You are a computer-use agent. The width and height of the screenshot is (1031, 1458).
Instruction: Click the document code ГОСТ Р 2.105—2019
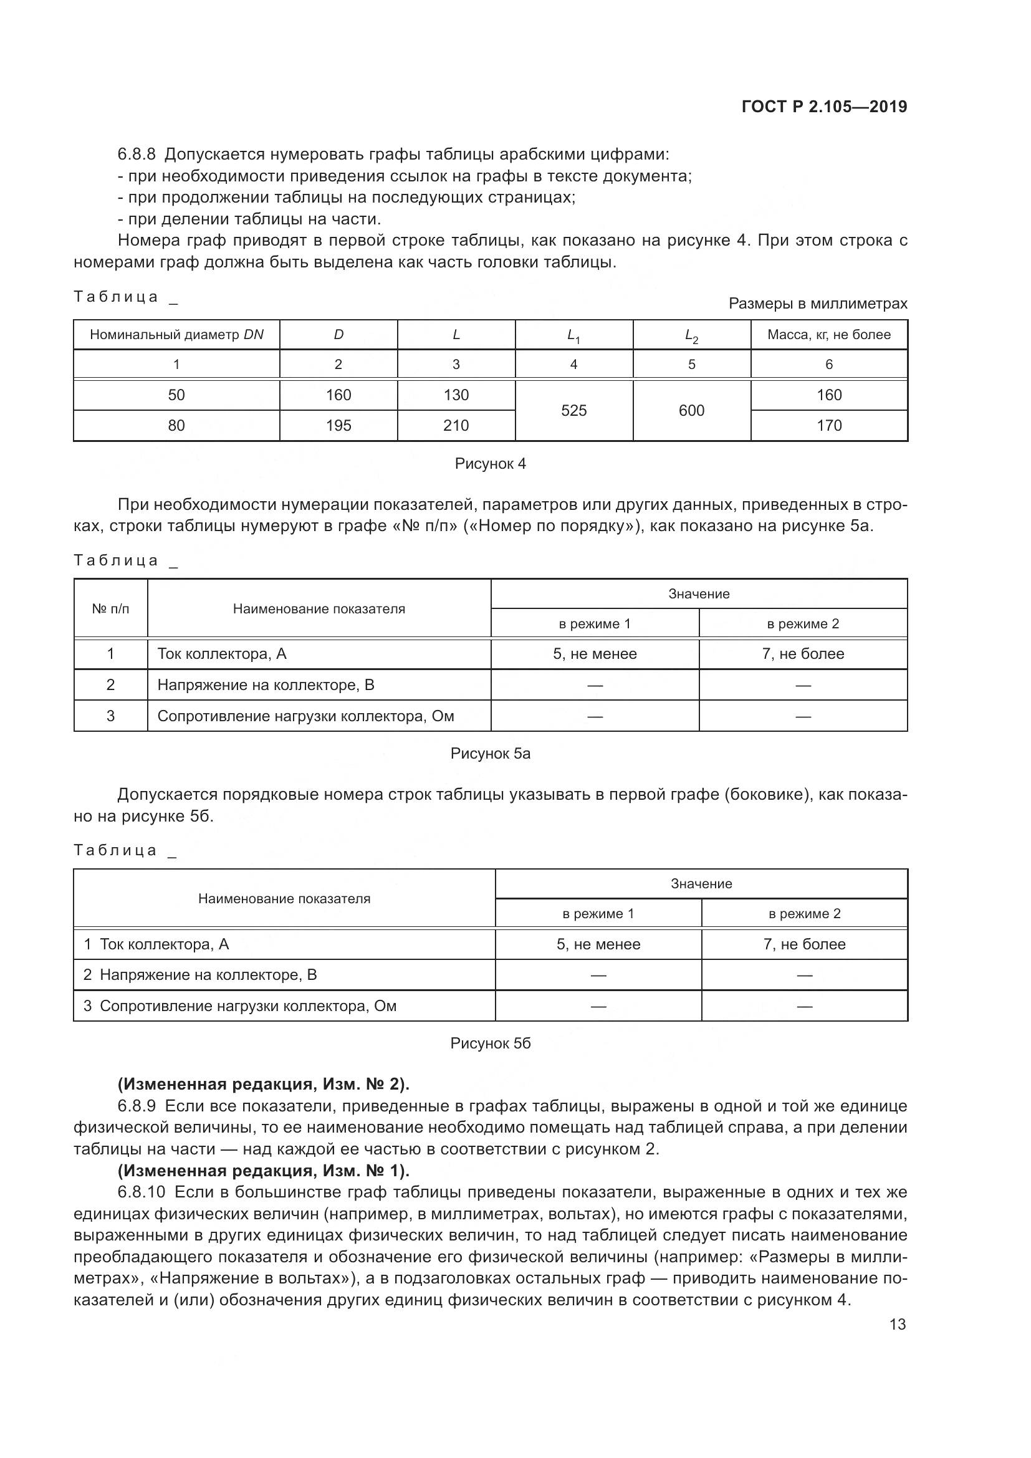[x=824, y=107]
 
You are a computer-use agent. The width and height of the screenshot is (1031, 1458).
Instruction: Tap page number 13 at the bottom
[x=897, y=1324]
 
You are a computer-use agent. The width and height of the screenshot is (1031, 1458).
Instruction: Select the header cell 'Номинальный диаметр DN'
[x=176, y=335]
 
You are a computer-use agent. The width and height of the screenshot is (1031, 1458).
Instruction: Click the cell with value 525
[x=573, y=411]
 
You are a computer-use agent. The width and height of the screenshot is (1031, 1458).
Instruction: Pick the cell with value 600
[x=691, y=411]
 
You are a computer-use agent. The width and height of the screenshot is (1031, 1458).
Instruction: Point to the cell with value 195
[x=338, y=426]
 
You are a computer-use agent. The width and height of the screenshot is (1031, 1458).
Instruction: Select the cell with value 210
[x=456, y=426]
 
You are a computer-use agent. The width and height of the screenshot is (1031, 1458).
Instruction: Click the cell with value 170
[x=828, y=426]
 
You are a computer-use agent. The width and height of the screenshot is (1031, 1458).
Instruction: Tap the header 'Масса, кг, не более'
[x=828, y=335]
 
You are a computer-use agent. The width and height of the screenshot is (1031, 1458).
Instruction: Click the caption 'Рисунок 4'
[x=490, y=464]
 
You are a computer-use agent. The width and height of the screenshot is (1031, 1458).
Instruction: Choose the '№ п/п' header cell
[x=110, y=609]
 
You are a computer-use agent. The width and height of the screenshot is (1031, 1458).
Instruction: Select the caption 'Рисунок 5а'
[x=490, y=754]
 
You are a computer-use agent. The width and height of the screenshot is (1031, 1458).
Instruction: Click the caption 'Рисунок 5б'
[x=490, y=1043]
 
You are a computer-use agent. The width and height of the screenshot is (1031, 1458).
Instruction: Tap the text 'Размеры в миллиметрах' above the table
[x=818, y=304]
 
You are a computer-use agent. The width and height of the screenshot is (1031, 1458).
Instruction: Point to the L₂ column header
[x=691, y=335]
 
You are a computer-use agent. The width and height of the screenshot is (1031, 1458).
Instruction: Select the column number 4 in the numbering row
[x=573, y=365]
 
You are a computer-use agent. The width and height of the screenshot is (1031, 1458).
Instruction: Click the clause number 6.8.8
[x=136, y=155]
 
